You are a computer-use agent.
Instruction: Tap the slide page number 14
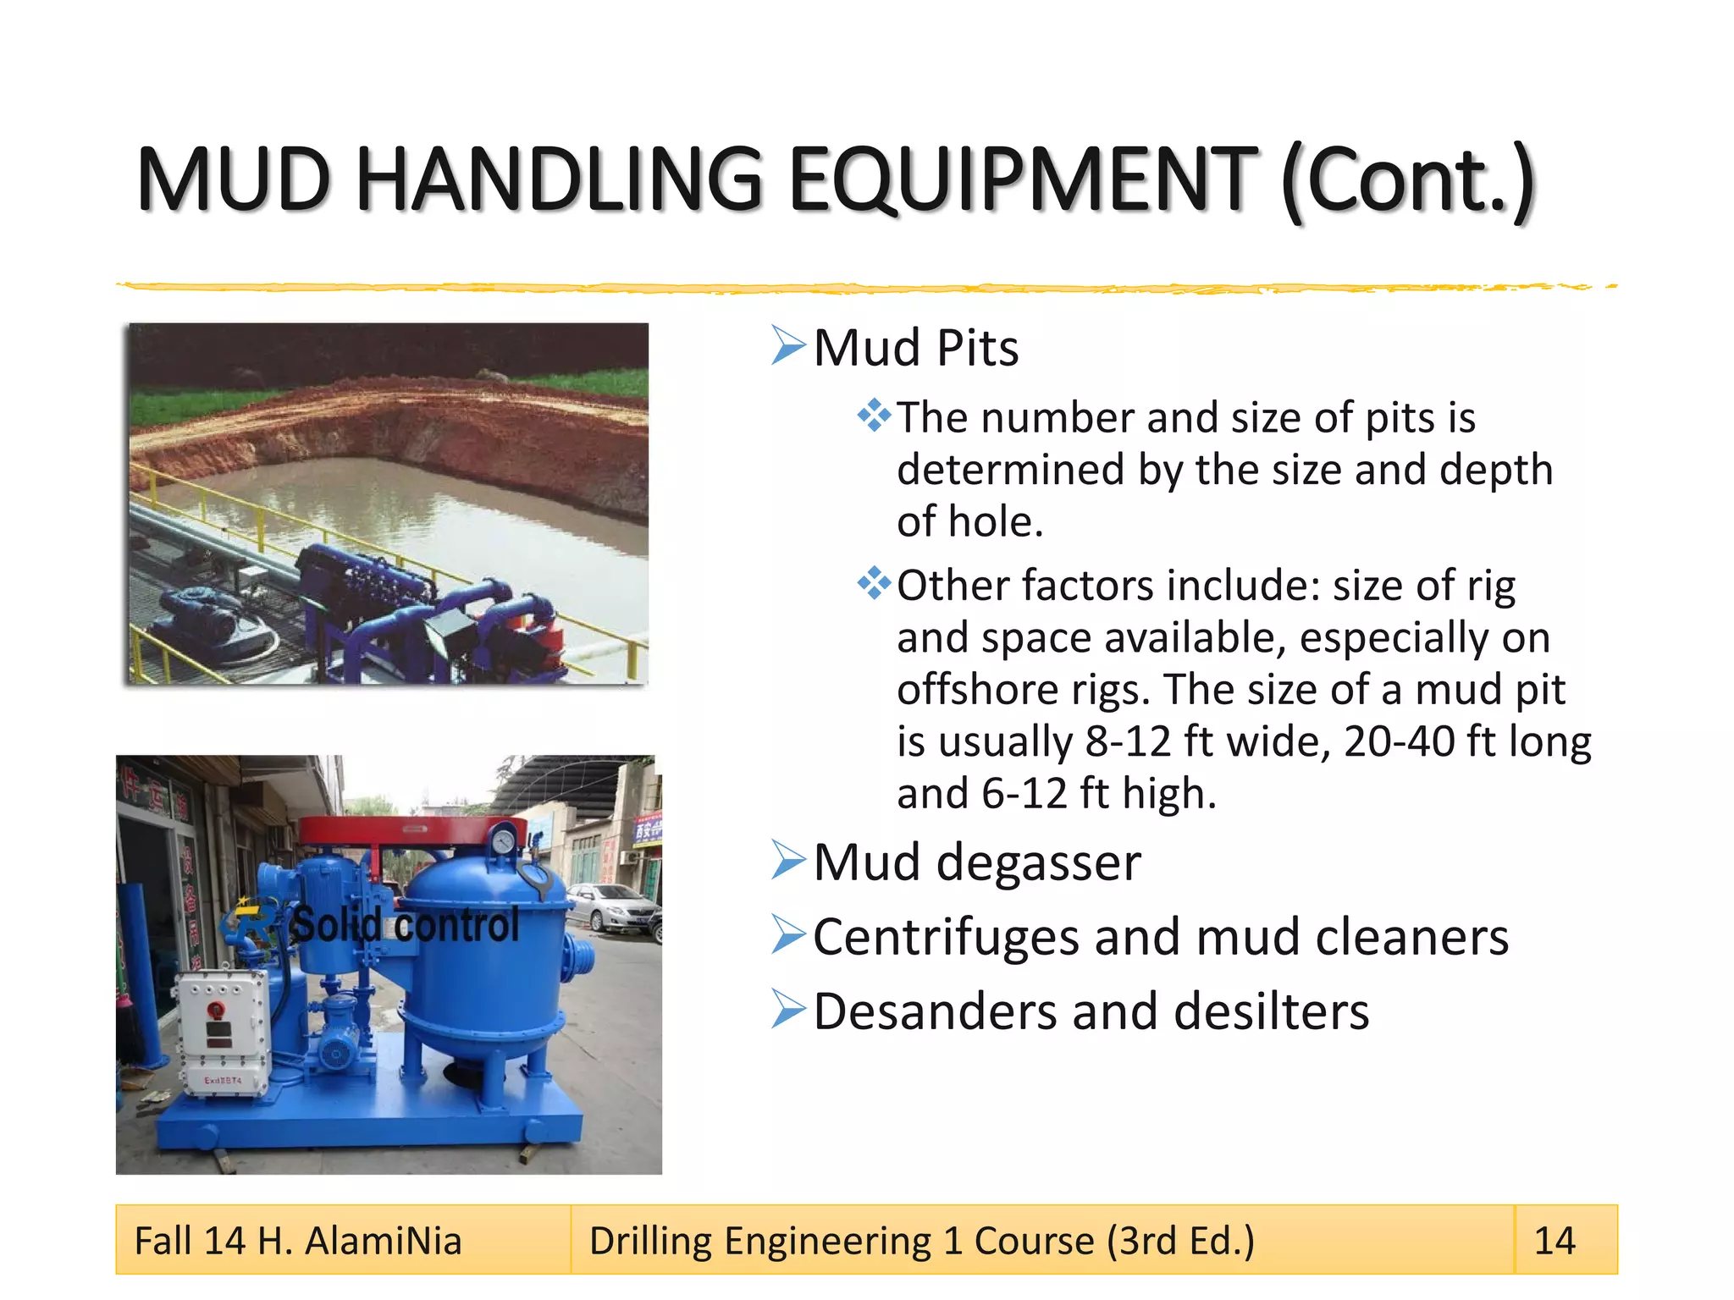pos(1555,1241)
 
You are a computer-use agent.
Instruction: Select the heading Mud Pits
pos(915,348)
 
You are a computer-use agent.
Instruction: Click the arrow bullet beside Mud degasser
pos(788,861)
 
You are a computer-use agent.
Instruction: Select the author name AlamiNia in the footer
pos(384,1242)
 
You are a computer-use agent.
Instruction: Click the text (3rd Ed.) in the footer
pos(1180,1242)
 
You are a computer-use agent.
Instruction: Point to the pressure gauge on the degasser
pos(503,840)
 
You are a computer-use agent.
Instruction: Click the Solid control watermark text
pos(404,925)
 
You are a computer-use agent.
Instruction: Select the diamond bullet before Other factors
pos(874,584)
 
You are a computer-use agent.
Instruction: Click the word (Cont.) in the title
pos(1407,181)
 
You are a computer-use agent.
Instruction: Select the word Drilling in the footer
pos(650,1242)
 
